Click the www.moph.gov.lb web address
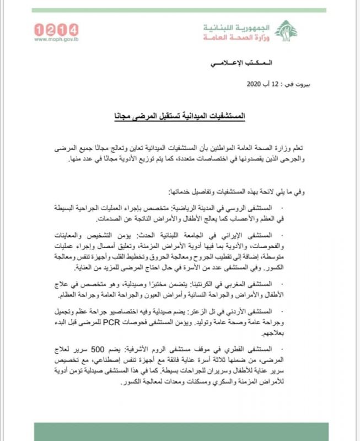[56, 39]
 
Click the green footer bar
[180, 429]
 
